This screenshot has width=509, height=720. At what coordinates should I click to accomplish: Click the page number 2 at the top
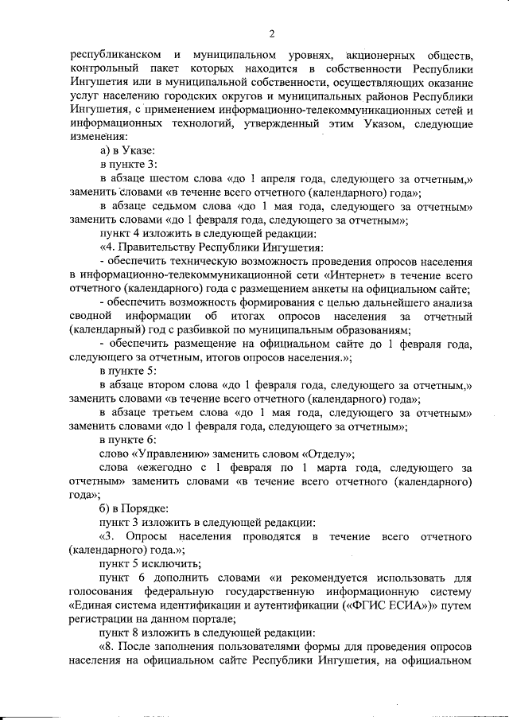[271, 33]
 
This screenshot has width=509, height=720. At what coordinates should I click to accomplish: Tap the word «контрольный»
[103, 72]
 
